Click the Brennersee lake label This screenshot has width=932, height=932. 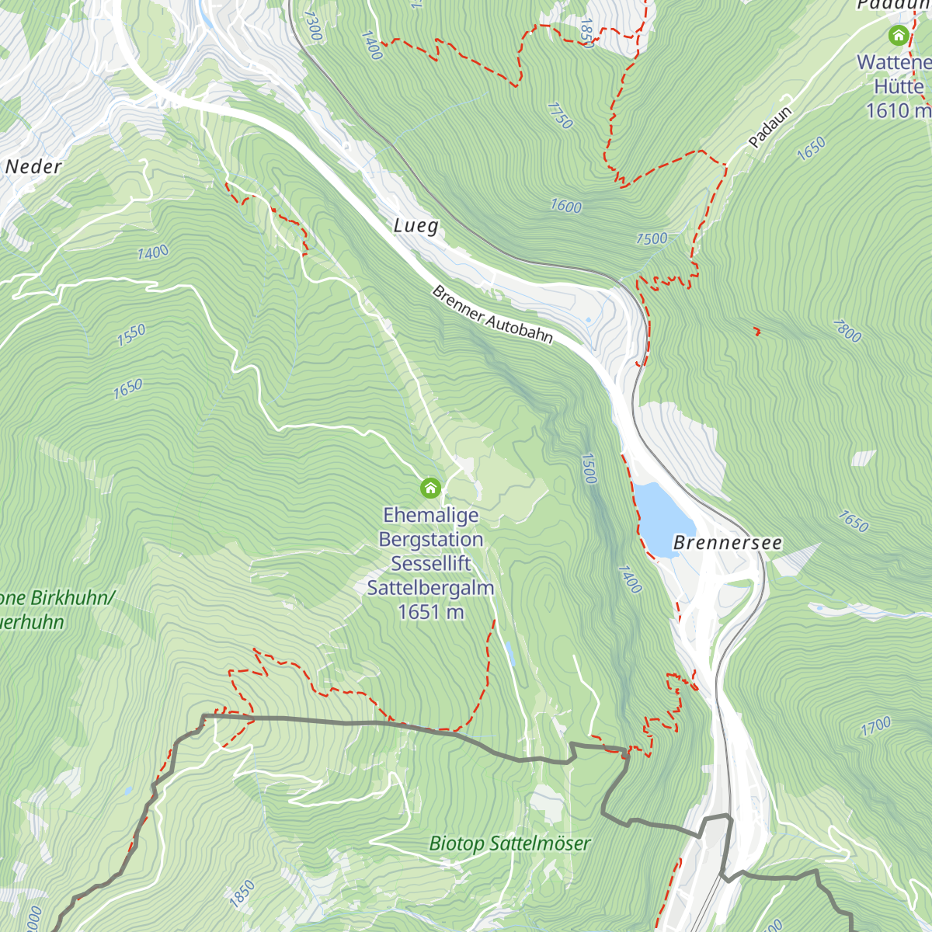tap(727, 543)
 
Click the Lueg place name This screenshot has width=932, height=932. tap(416, 226)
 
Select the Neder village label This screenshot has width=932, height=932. tap(33, 167)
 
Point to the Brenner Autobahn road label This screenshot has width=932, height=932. tap(492, 315)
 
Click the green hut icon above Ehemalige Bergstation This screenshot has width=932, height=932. tap(430, 489)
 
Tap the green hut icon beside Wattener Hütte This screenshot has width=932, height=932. tap(899, 35)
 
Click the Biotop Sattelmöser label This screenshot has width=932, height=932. tap(509, 843)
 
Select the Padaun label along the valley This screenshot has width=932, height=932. tap(770, 127)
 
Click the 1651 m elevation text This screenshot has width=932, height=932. tap(430, 612)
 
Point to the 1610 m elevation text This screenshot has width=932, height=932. tap(898, 110)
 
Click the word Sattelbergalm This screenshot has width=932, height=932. tap(430, 588)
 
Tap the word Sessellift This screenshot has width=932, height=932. tap(430, 564)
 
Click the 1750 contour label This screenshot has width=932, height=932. tap(559, 116)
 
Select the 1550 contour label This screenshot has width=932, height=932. tap(131, 336)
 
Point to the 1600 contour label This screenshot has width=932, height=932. tap(565, 207)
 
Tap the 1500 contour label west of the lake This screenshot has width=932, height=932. tap(589, 468)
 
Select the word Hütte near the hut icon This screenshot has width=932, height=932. tap(899, 86)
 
